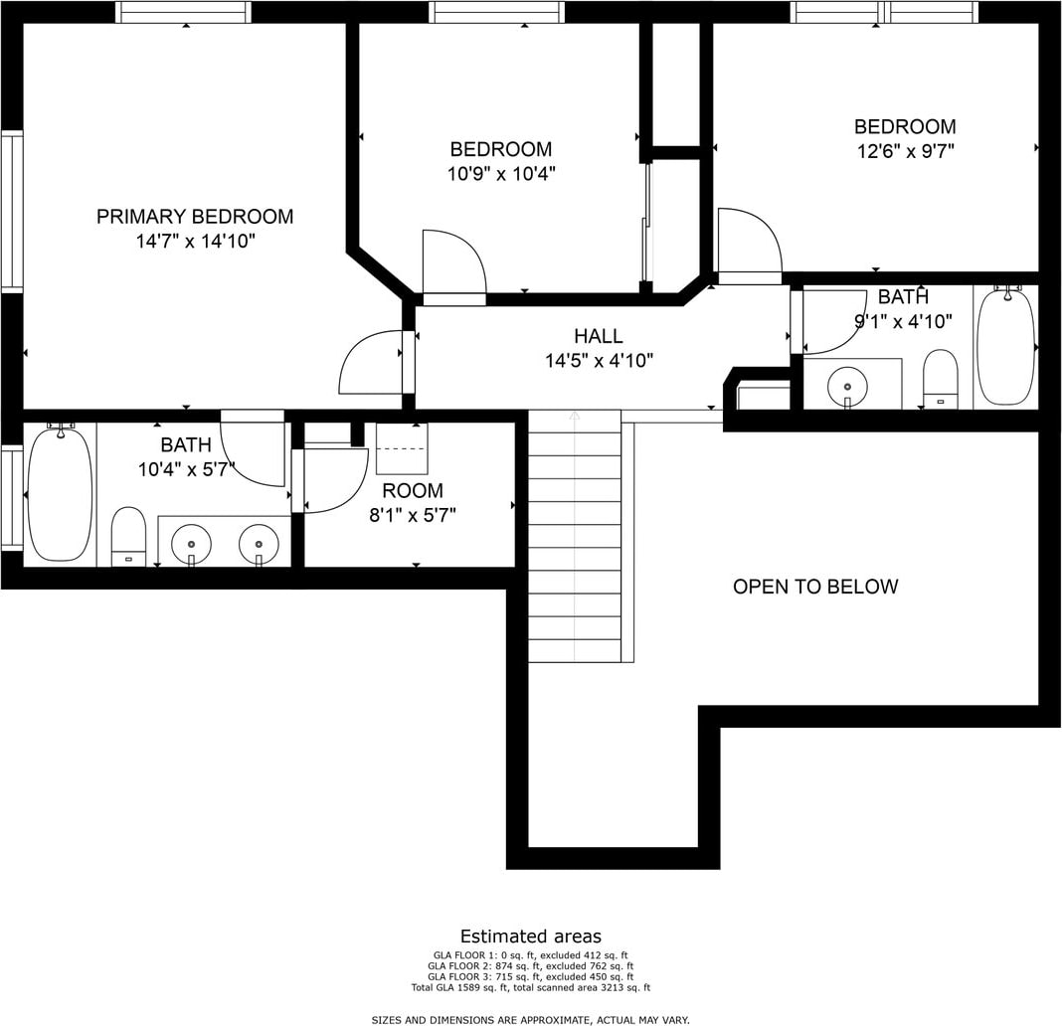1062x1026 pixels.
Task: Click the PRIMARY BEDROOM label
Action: pos(195,217)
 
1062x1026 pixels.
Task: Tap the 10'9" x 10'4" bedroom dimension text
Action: pos(501,174)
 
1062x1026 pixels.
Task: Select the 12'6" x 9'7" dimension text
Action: pos(906,151)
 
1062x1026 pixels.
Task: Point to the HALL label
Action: pos(599,336)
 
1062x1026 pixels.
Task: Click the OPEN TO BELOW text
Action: pos(815,587)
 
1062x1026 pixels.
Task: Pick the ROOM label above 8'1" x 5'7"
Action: pos(413,490)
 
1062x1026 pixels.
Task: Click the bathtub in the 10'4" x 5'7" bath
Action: pos(60,493)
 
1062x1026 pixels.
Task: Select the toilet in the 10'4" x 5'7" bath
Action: pos(128,537)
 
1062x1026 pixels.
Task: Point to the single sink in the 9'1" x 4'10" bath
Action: pos(848,387)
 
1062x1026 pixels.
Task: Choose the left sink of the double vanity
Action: pos(192,544)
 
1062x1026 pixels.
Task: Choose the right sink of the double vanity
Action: pos(259,544)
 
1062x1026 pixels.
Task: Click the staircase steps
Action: pos(575,537)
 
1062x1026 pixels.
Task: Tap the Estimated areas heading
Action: pos(531,937)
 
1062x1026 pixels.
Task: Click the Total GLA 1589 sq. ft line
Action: pos(531,987)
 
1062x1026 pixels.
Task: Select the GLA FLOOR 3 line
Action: pos(531,976)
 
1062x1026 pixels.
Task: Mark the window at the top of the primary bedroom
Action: pos(183,12)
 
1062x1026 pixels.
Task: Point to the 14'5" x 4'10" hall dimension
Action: pos(600,361)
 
